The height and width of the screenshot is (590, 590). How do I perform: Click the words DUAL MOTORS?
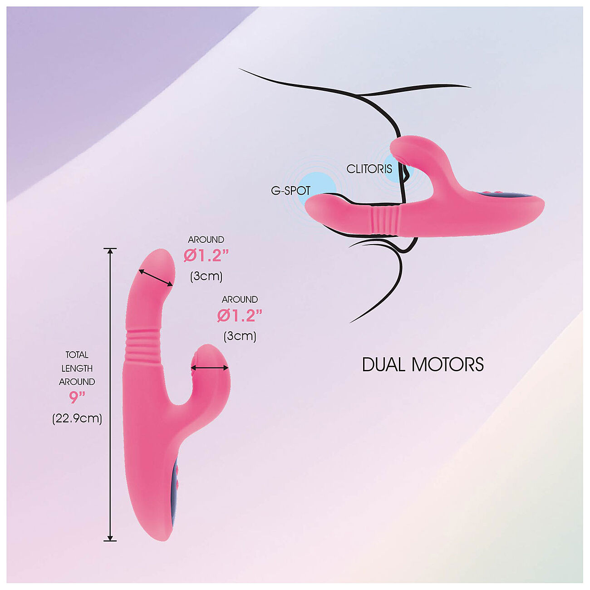[423, 365]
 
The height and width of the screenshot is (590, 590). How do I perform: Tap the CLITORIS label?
[369, 169]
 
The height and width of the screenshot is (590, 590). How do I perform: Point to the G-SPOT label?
[290, 191]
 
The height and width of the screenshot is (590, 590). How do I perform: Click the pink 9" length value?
[77, 398]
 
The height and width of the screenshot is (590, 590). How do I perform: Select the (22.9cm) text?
[77, 418]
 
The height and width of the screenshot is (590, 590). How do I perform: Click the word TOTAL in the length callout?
[77, 355]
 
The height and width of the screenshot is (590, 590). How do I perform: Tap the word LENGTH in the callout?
[77, 369]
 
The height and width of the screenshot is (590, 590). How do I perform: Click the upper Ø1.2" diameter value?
[206, 256]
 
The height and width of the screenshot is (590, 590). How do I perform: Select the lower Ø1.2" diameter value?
[240, 316]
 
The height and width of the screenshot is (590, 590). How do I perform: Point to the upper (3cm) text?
[206, 276]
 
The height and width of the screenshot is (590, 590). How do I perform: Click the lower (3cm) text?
[240, 336]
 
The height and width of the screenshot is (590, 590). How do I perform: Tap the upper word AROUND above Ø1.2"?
[206, 240]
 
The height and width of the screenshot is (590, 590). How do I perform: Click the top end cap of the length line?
[110, 249]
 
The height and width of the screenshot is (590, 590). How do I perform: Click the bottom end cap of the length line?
[110, 541]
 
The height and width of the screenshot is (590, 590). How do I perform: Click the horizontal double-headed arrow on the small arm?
[210, 368]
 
